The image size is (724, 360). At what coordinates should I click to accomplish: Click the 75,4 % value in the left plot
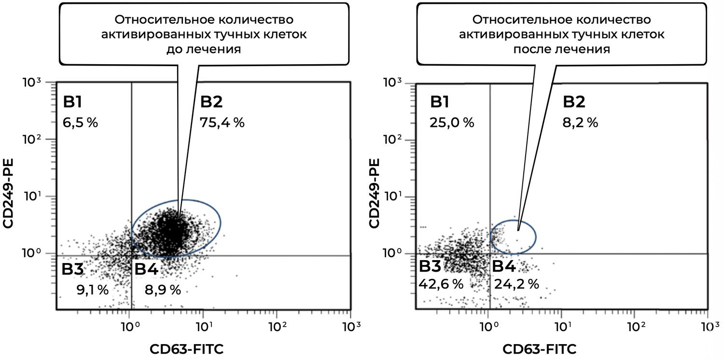click(x=222, y=123)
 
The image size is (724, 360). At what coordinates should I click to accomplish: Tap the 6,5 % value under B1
click(x=80, y=123)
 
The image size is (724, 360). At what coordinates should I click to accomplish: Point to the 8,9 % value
click(x=163, y=290)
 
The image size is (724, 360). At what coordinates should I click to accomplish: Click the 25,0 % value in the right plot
click(x=452, y=123)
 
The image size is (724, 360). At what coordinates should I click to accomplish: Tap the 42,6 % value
click(x=441, y=284)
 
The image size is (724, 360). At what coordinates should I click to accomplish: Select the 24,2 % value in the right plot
click(x=516, y=284)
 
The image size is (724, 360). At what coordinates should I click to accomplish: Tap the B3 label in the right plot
click(x=430, y=266)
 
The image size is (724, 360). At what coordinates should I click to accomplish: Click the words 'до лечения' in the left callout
click(x=203, y=50)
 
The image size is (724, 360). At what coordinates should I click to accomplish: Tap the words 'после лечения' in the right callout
click(x=561, y=50)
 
